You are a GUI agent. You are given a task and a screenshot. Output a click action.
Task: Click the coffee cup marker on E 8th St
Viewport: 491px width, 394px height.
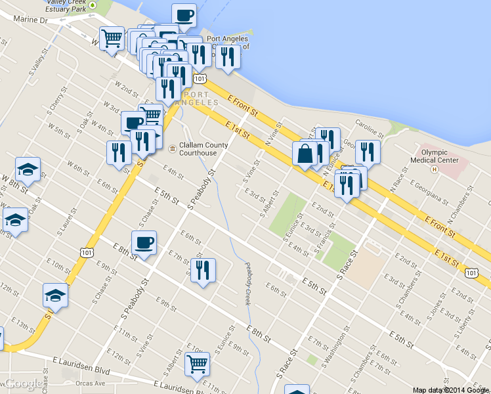pyautogui.click(x=144, y=243)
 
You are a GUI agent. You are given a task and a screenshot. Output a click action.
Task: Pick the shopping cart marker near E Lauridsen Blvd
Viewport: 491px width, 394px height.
pyautogui.click(x=197, y=364)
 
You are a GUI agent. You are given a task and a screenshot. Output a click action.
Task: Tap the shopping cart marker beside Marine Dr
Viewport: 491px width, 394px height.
pyautogui.click(x=112, y=39)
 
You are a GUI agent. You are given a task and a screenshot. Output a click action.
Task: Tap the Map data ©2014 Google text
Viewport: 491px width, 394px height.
pyautogui.click(x=450, y=389)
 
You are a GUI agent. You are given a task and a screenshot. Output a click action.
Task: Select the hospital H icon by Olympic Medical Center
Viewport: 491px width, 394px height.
pyautogui.click(x=434, y=169)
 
